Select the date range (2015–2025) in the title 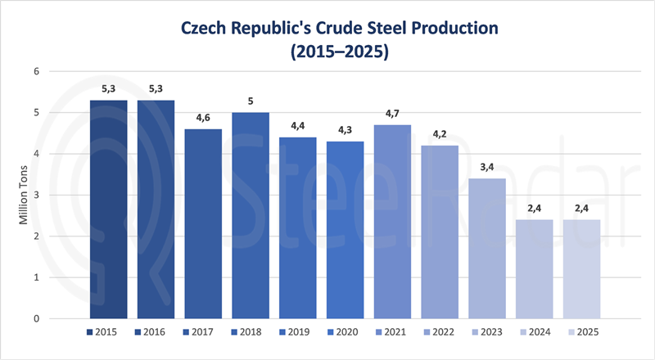[x=327, y=51]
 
